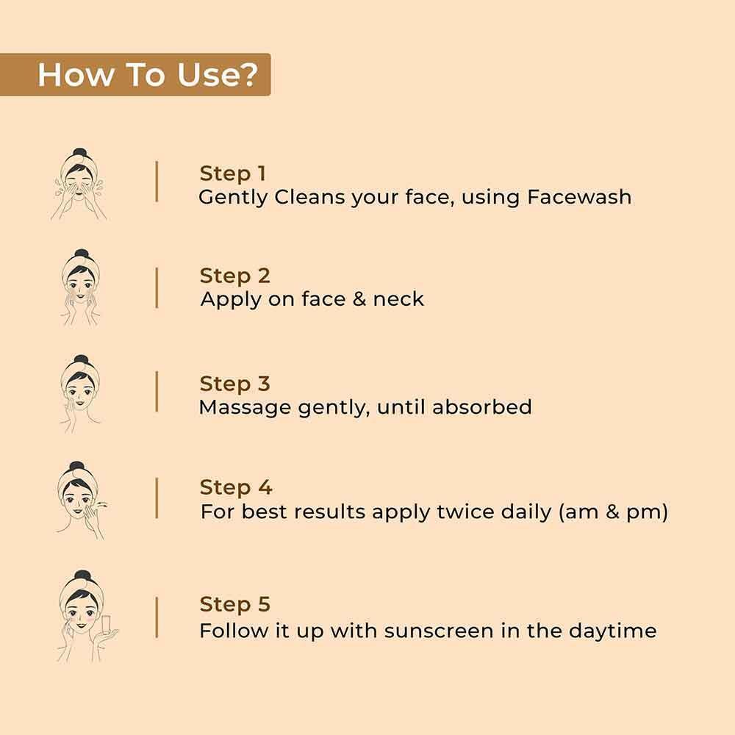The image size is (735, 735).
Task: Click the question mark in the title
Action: tap(249, 74)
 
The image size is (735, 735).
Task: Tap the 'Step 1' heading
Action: tap(233, 173)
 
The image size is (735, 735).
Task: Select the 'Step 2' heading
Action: tap(235, 276)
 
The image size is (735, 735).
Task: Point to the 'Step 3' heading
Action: tap(235, 384)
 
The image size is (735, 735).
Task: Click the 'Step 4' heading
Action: tap(236, 487)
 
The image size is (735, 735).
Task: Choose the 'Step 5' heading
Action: tap(235, 604)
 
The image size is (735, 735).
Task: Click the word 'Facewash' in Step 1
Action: tap(579, 197)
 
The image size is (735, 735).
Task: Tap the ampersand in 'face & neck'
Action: tap(359, 299)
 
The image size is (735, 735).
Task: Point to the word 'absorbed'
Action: tap(482, 407)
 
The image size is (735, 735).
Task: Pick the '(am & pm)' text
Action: tap(613, 512)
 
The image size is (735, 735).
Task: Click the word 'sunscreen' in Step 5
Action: tap(439, 631)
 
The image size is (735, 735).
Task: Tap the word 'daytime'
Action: tap(613, 631)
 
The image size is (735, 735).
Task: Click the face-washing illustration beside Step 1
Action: tap(79, 184)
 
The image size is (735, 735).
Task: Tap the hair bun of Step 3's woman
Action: tap(81, 360)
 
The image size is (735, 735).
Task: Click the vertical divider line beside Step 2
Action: tap(157, 288)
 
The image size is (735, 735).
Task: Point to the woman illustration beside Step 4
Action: tap(82, 500)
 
